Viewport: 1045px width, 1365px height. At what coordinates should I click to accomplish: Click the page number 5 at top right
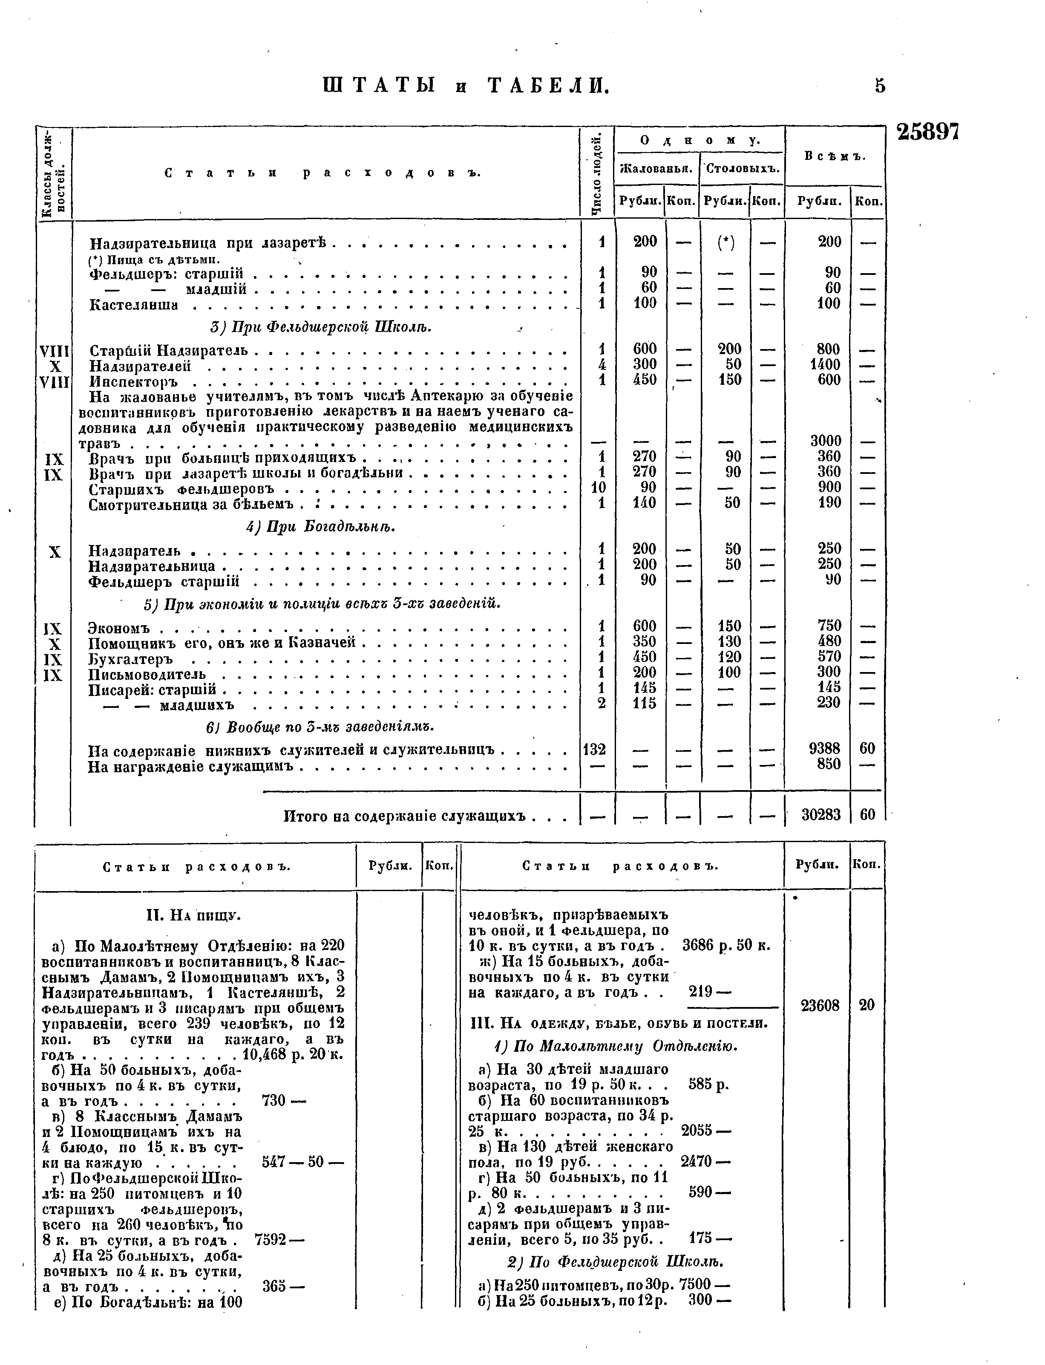pyautogui.click(x=880, y=85)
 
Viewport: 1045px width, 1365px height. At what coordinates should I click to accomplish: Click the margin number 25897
pyautogui.click(x=927, y=132)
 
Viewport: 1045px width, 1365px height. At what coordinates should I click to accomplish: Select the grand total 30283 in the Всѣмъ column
pyautogui.click(x=821, y=814)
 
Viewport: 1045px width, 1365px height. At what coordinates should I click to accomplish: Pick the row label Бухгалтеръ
pyautogui.click(x=131, y=658)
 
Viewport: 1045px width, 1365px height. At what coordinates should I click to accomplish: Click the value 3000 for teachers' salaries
pyautogui.click(x=826, y=441)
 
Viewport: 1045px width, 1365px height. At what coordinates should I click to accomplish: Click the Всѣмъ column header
pyautogui.click(x=834, y=156)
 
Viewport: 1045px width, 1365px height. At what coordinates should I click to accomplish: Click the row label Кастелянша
pyautogui.click(x=134, y=305)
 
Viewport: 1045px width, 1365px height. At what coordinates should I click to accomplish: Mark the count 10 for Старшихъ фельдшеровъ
pyautogui.click(x=598, y=487)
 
